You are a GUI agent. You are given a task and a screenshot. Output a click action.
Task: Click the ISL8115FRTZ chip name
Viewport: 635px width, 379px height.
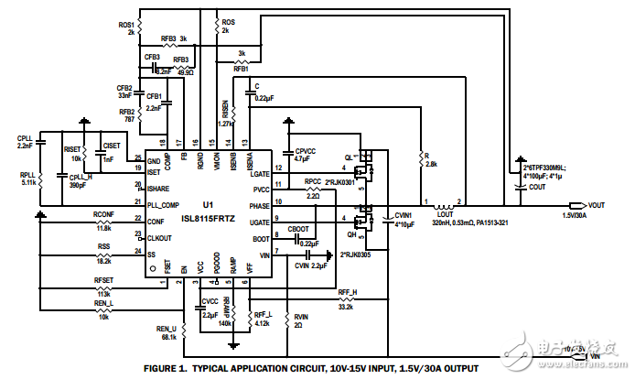coord(210,220)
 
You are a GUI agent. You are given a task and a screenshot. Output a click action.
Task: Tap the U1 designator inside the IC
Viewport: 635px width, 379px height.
coord(208,204)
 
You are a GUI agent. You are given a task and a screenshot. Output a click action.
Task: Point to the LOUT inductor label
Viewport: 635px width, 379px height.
coord(446,213)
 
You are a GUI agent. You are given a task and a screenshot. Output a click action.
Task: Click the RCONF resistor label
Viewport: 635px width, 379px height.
coord(103,213)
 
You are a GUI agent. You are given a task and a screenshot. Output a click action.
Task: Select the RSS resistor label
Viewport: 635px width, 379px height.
coord(103,247)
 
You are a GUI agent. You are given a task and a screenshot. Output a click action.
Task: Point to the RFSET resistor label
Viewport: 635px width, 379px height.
coord(104,281)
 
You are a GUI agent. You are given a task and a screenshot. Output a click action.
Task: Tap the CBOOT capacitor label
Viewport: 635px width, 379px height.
coord(298,228)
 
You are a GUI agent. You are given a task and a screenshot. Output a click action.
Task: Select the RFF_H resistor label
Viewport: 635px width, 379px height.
coord(347,292)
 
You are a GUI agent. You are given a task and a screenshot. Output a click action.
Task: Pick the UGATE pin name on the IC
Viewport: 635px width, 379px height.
coord(260,222)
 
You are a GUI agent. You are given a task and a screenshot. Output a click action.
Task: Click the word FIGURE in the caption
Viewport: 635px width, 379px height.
coord(163,368)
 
